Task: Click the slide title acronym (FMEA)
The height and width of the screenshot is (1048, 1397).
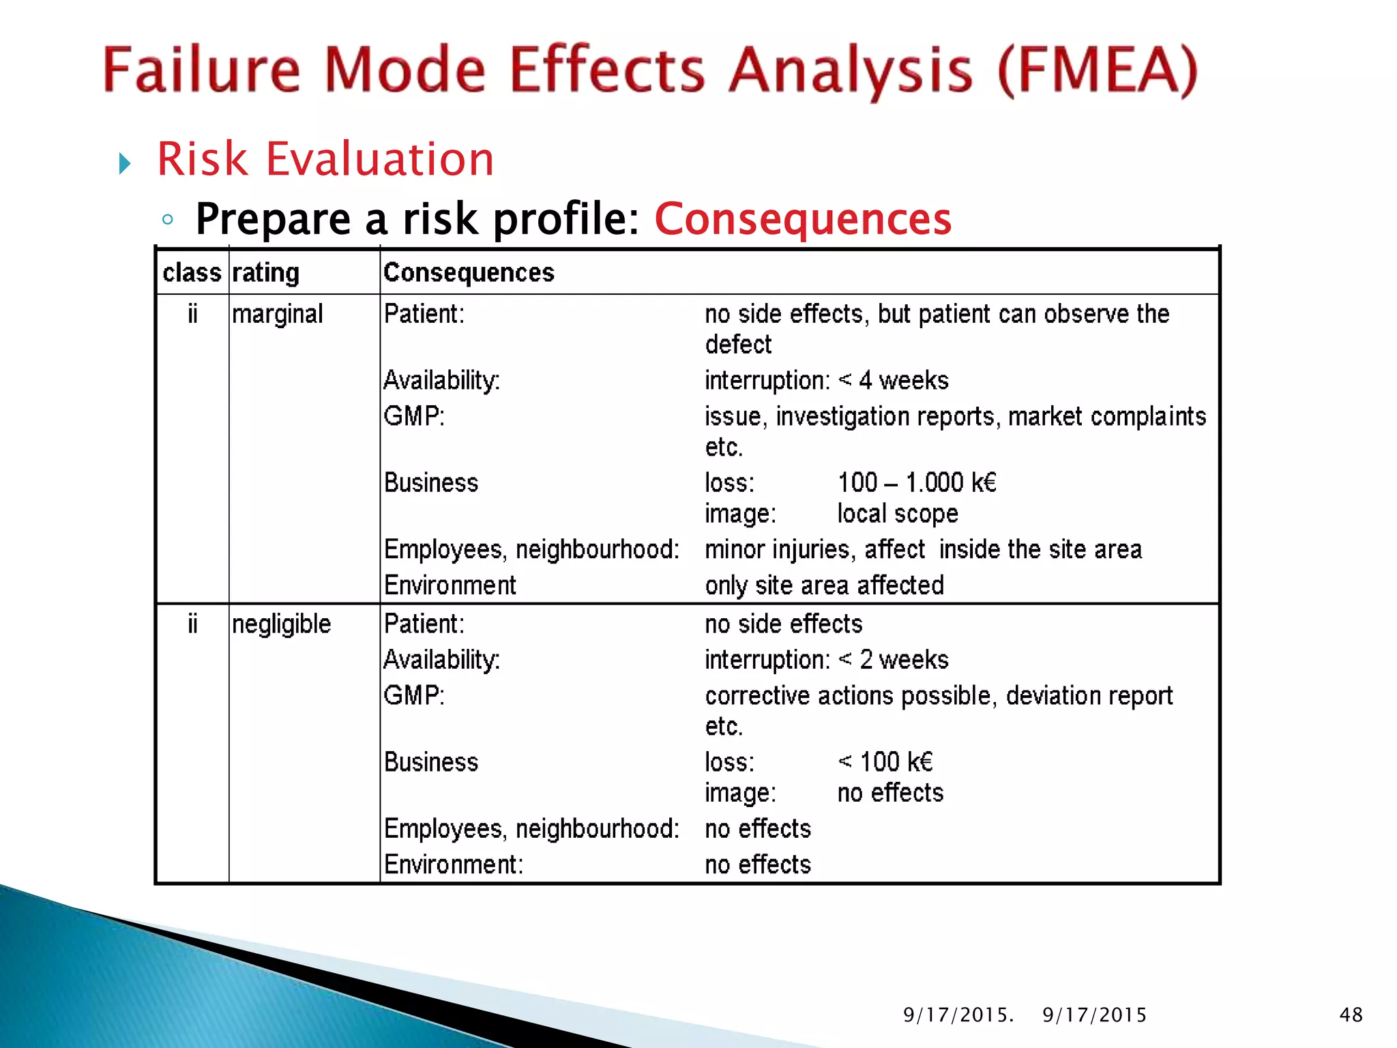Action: pos(1097,70)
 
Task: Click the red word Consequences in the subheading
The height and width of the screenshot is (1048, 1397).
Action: pos(803,219)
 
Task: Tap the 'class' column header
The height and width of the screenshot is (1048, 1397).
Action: pos(192,273)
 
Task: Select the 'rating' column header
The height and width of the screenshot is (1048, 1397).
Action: pos(265,273)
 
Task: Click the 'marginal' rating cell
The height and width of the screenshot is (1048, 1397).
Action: pos(277,315)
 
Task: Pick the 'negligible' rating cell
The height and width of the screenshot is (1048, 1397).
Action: pos(281,624)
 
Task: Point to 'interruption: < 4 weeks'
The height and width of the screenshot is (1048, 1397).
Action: pos(826,380)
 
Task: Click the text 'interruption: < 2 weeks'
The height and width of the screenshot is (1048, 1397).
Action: pos(826,660)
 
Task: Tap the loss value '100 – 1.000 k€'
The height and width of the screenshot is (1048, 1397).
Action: pos(917,483)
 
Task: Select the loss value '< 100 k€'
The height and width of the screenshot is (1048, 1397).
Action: pos(885,762)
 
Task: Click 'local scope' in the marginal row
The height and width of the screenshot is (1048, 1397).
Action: pos(898,514)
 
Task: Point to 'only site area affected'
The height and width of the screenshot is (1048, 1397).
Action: pos(824,585)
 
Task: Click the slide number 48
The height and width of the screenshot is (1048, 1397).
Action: pos(1351,1015)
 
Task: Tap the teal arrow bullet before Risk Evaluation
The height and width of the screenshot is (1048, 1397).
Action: pos(124,164)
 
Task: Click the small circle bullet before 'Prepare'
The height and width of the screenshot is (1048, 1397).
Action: pos(168,220)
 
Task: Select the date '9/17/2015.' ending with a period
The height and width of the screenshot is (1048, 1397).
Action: pos(958,1015)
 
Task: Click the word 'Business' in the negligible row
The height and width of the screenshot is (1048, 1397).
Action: pos(431,762)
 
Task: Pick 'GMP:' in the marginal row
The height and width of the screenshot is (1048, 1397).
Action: pos(414,416)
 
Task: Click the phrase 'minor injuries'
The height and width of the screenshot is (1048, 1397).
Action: pos(780,550)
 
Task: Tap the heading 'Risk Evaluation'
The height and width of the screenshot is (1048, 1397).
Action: pos(325,159)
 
